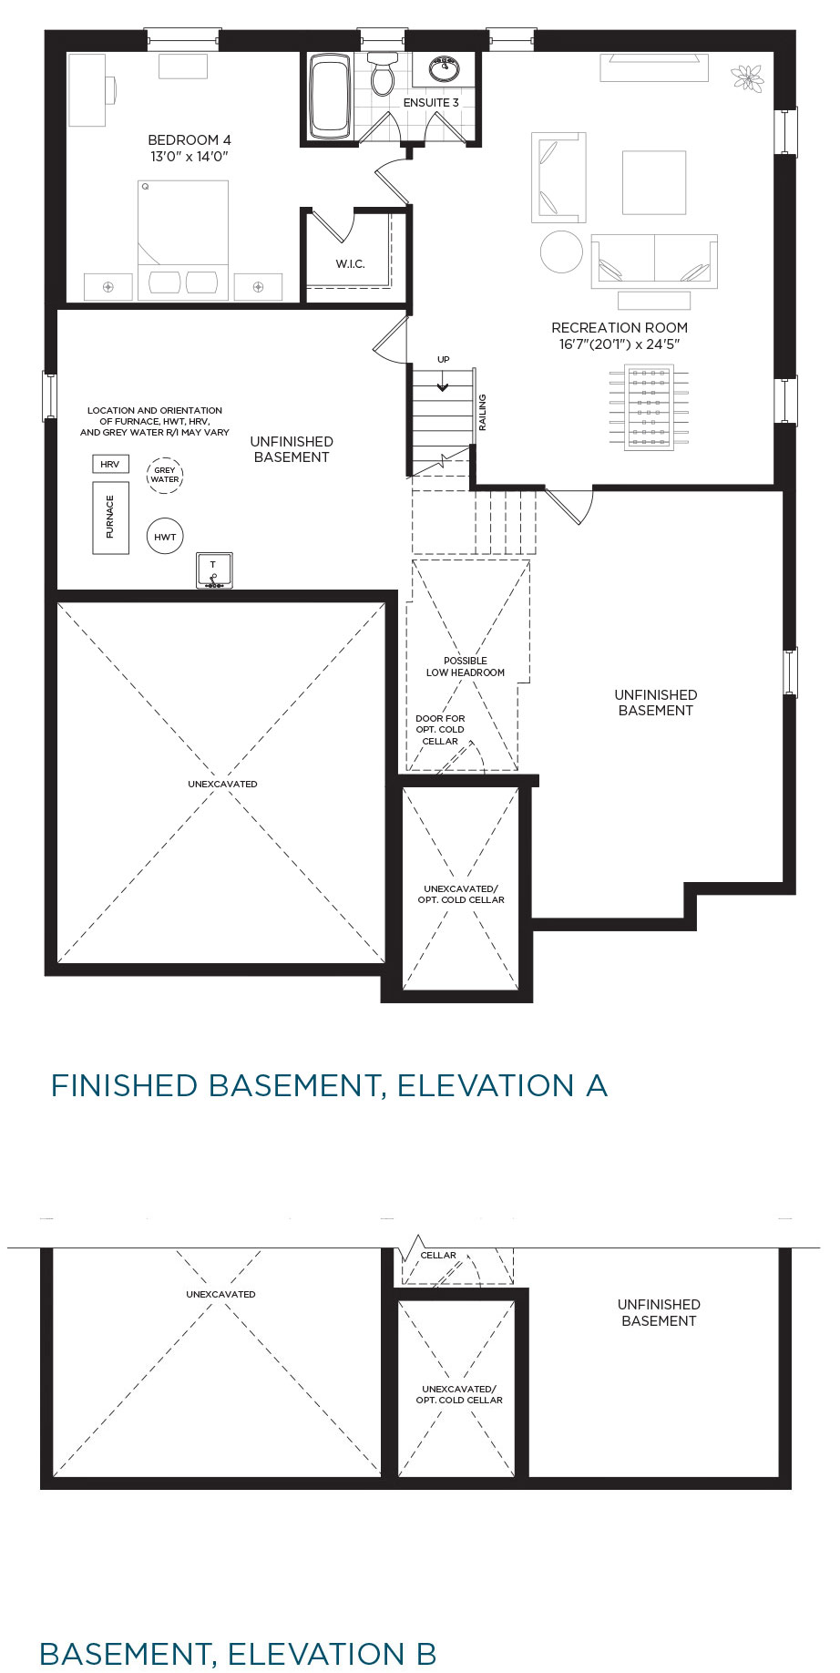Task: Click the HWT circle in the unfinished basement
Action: tap(165, 537)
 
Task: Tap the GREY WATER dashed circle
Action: tap(165, 475)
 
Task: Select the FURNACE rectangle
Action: tap(110, 518)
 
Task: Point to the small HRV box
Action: tap(110, 464)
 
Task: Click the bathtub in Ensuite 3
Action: tap(330, 96)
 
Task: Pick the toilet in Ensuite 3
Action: tap(383, 73)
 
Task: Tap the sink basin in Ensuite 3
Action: tap(445, 67)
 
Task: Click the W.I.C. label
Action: tap(350, 264)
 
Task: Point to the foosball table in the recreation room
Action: tap(649, 407)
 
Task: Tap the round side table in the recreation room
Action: tap(561, 251)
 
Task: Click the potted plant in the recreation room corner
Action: tap(750, 78)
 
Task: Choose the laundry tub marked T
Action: tap(214, 570)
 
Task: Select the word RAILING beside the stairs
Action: tap(483, 412)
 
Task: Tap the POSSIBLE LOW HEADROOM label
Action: tap(466, 667)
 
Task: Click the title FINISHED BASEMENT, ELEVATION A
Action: tap(329, 1085)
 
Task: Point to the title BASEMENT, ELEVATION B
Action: tap(238, 1653)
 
